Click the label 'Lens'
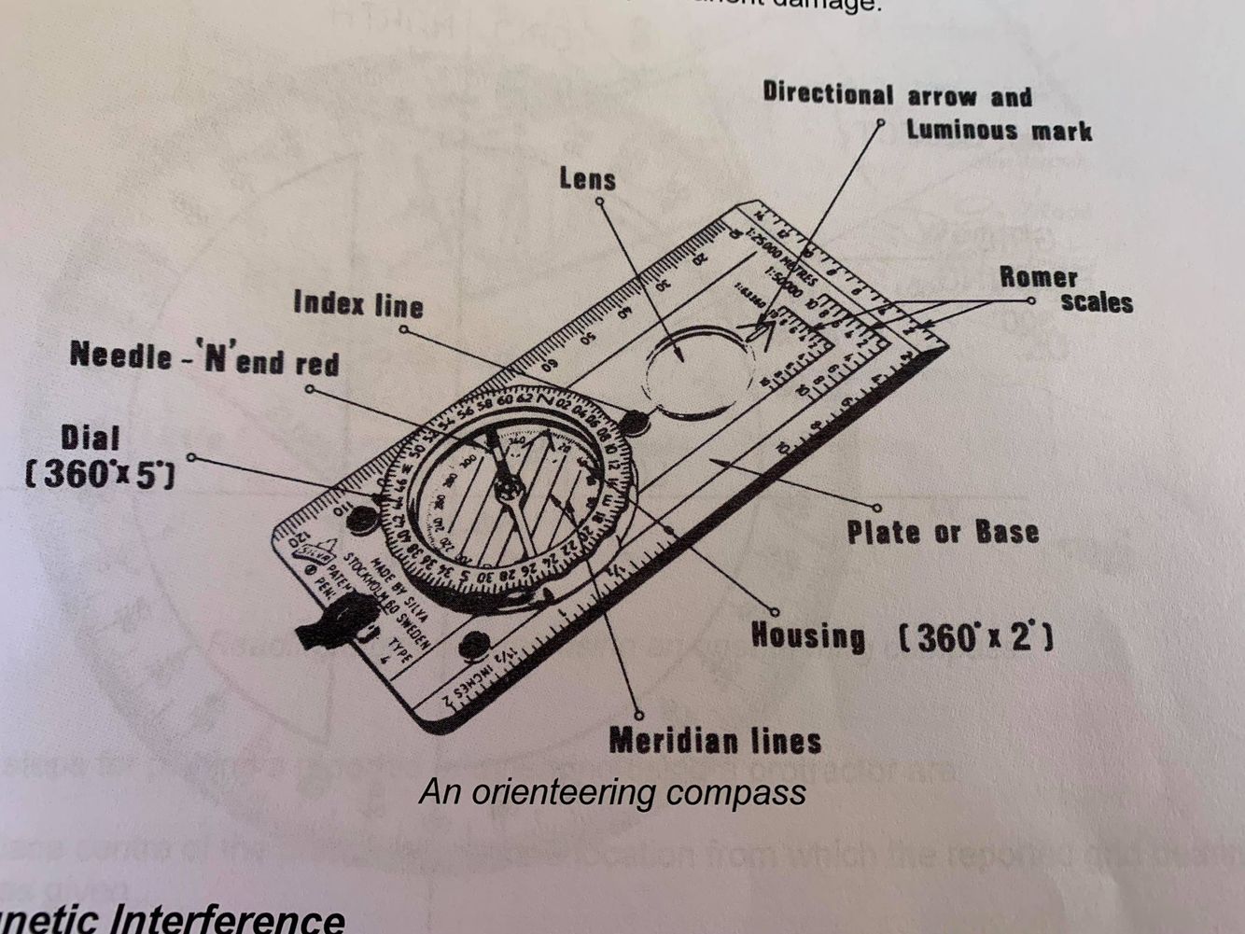[x=587, y=178]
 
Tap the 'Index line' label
[x=358, y=304]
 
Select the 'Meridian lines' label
[x=715, y=741]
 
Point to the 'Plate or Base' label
[x=942, y=533]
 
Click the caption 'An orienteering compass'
[x=612, y=792]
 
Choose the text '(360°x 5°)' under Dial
[x=99, y=475]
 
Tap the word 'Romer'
[x=1038, y=277]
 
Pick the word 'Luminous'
[x=961, y=129]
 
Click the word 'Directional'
[x=828, y=93]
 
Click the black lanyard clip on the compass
[x=331, y=625]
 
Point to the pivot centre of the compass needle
[x=508, y=488]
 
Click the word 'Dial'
[x=91, y=439]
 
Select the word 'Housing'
[x=808, y=636]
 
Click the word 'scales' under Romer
[x=1097, y=302]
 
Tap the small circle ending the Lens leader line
[x=599, y=201]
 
